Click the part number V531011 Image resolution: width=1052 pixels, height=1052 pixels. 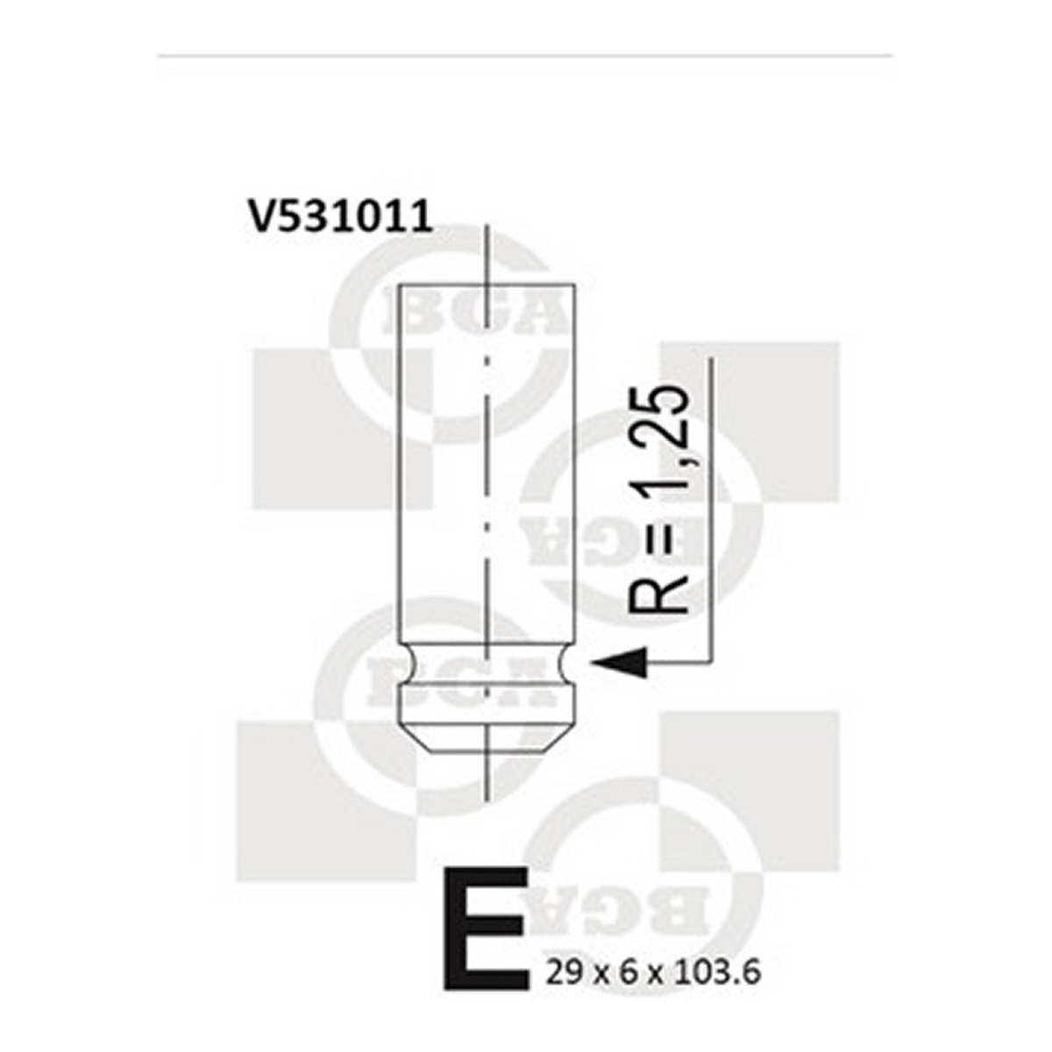pyautogui.click(x=340, y=217)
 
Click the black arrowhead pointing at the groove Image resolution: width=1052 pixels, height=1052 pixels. pyautogui.click(x=619, y=663)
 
